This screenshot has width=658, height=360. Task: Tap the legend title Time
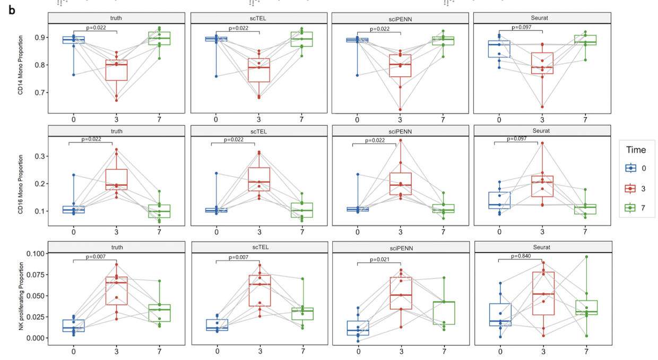(635, 150)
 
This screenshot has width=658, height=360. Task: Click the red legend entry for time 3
(631, 188)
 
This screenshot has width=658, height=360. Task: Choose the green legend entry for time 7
(631, 209)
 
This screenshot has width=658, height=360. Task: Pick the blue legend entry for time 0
(631, 168)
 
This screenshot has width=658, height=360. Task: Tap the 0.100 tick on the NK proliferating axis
(34, 254)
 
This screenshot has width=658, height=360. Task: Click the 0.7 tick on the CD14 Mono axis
(39, 92)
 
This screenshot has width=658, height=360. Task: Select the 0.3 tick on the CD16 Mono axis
(39, 156)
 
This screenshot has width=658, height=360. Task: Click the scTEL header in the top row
(259, 18)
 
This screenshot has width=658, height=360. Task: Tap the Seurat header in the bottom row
(542, 246)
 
